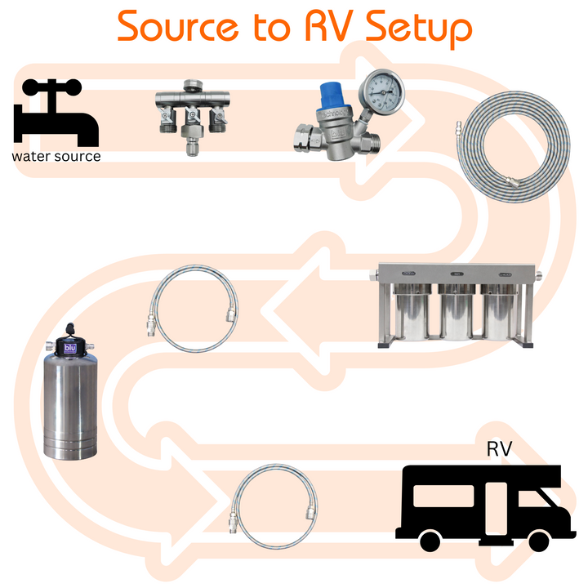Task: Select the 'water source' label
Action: tap(56, 155)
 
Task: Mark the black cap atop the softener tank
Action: tap(69, 330)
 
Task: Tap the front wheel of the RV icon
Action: tap(538, 539)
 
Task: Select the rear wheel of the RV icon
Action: tap(430, 539)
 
